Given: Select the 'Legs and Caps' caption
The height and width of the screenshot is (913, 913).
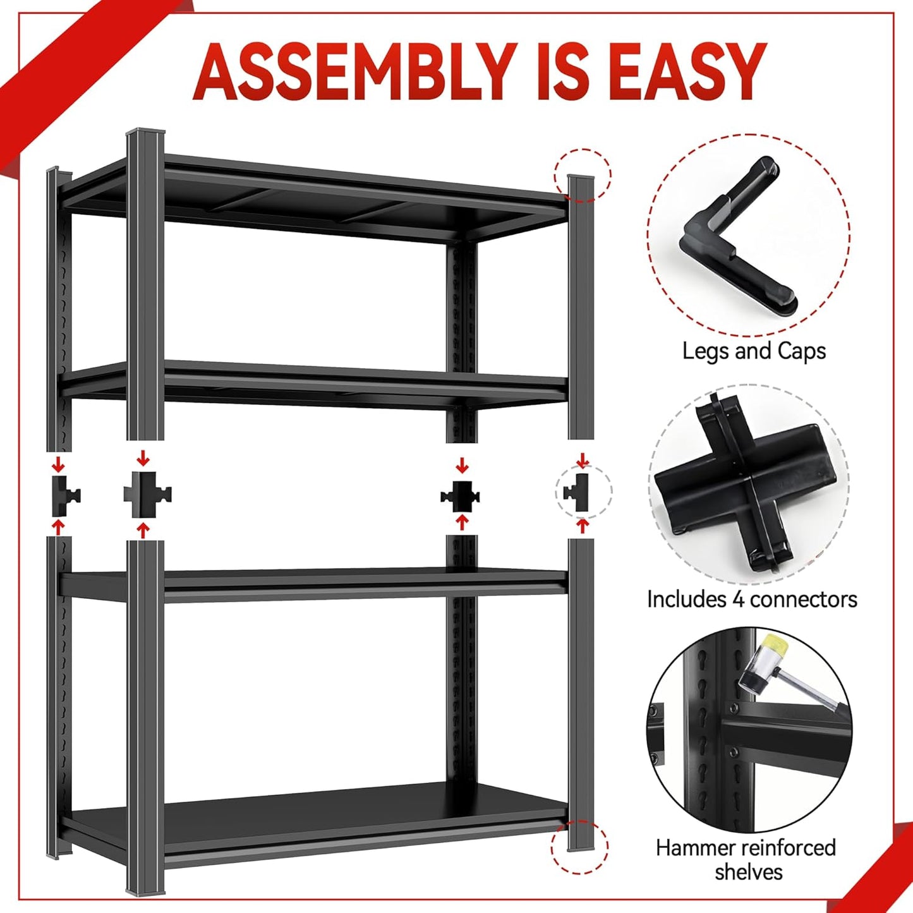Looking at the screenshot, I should click(754, 351).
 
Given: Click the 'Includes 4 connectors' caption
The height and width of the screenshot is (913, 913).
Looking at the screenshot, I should click(752, 599).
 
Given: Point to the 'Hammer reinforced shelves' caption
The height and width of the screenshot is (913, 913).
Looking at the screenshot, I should click(746, 859).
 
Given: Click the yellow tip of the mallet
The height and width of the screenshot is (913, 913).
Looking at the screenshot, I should click(769, 648).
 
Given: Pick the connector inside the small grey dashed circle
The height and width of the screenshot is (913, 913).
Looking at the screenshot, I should click(576, 492).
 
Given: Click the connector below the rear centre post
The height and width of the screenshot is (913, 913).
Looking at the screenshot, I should click(461, 496).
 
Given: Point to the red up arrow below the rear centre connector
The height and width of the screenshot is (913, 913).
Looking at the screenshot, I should click(462, 522).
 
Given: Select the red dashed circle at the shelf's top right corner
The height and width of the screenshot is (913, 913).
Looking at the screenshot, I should click(583, 175).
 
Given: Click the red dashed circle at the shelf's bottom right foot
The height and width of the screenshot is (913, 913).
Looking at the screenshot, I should click(579, 847).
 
